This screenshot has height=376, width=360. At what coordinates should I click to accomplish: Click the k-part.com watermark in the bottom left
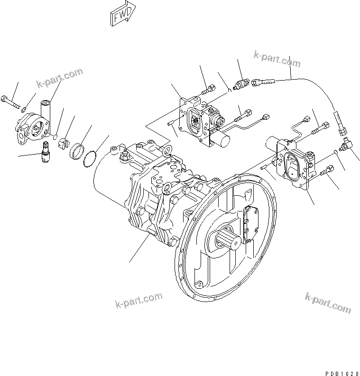(x=138, y=300)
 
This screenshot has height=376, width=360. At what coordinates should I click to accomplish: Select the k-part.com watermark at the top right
(x=277, y=59)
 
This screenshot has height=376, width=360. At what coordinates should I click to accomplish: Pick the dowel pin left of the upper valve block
(x=171, y=124)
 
